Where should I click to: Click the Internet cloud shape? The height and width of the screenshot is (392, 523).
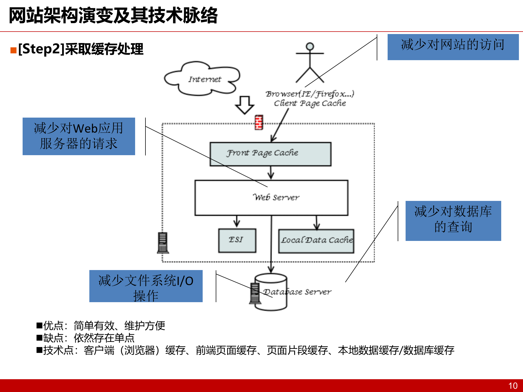pyautogui.click(x=203, y=79)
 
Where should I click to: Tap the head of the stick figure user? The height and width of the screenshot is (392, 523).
pyautogui.click(x=310, y=46)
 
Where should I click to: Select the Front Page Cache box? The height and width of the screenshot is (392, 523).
pyautogui.click(x=270, y=154)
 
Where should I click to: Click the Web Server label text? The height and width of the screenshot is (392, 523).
pyautogui.click(x=276, y=197)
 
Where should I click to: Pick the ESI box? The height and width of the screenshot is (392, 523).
pyautogui.click(x=237, y=240)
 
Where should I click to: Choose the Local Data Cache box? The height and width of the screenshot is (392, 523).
pyautogui.click(x=316, y=241)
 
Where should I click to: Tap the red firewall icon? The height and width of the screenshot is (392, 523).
pyautogui.click(x=259, y=122)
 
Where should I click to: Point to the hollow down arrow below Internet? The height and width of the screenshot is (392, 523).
pyautogui.click(x=244, y=105)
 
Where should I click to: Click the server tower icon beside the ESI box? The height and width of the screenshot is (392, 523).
pyautogui.click(x=163, y=243)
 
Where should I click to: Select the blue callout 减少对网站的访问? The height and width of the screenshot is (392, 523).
pyautogui.click(x=453, y=47)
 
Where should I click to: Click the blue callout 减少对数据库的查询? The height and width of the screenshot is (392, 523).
pyautogui.click(x=453, y=220)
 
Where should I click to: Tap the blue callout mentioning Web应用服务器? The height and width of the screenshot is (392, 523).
pyautogui.click(x=79, y=136)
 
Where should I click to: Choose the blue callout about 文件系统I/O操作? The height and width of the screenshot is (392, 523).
pyautogui.click(x=146, y=286)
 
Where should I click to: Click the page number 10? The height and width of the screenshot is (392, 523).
pyautogui.click(x=513, y=385)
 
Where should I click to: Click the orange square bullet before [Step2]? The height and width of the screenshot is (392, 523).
pyautogui.click(x=13, y=50)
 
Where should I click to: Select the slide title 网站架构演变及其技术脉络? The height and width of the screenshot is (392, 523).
pyautogui.click(x=113, y=16)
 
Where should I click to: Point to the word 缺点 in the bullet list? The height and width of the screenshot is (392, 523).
pyautogui.click(x=53, y=338)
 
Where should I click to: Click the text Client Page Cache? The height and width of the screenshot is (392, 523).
pyautogui.click(x=310, y=103)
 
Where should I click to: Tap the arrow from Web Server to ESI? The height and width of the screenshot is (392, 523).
pyautogui.click(x=237, y=221)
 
